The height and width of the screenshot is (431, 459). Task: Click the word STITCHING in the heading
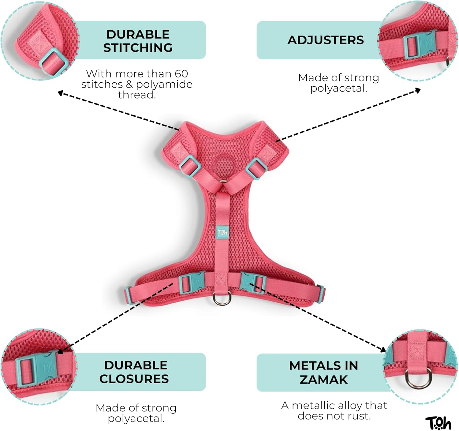click(138, 48)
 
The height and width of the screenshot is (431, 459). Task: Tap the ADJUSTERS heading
click(326, 40)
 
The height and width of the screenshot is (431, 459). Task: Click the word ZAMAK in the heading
click(323, 380)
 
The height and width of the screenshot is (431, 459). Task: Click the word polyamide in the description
click(164, 84)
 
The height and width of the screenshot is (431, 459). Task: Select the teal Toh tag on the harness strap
click(222, 232)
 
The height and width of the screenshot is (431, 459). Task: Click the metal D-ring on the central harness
click(222, 298)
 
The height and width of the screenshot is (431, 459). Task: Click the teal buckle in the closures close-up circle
click(37, 369)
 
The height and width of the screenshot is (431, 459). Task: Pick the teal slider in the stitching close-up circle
click(54, 62)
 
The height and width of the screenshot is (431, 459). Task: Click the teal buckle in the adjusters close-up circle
click(420, 44)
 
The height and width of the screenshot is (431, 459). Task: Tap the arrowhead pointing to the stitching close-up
click(61, 93)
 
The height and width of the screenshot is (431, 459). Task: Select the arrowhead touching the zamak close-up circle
click(383, 349)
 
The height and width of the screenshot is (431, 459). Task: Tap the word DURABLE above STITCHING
click(138, 35)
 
